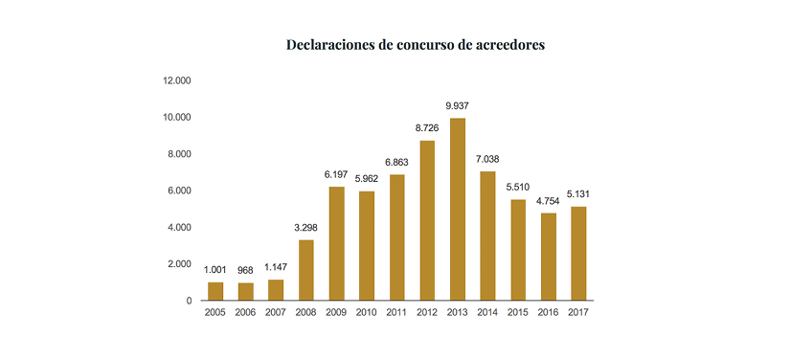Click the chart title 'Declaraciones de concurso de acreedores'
pos(416,45)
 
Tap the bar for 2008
pos(306,269)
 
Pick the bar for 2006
pos(246,291)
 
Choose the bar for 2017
pos(577,253)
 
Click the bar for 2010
pos(367,245)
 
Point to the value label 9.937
pos(457,105)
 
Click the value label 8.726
pos(427,127)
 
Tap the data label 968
pos(246,270)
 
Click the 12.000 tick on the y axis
pos(177,80)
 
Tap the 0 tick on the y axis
pos(189,301)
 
